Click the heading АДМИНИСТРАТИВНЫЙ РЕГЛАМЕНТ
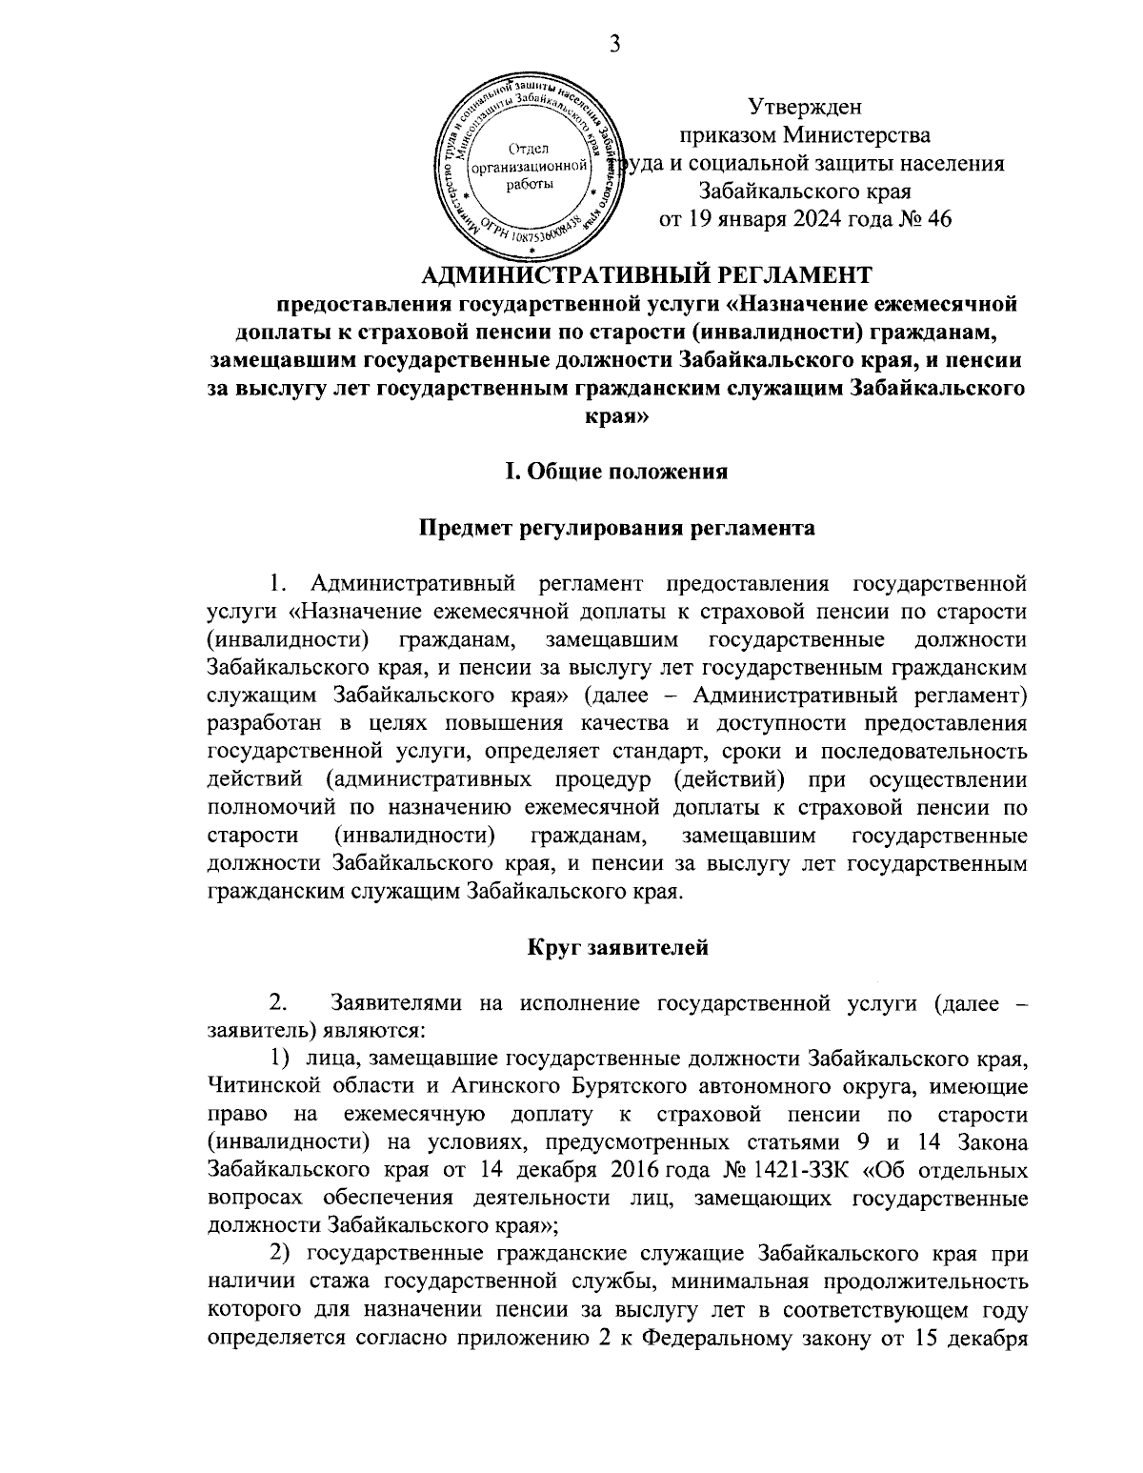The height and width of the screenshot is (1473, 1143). coord(646,275)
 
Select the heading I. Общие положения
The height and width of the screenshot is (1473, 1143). coord(616,471)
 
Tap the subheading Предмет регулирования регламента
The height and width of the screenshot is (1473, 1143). coord(616,528)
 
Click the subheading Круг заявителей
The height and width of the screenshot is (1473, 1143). coord(616,947)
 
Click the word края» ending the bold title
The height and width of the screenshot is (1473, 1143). coord(616,416)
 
